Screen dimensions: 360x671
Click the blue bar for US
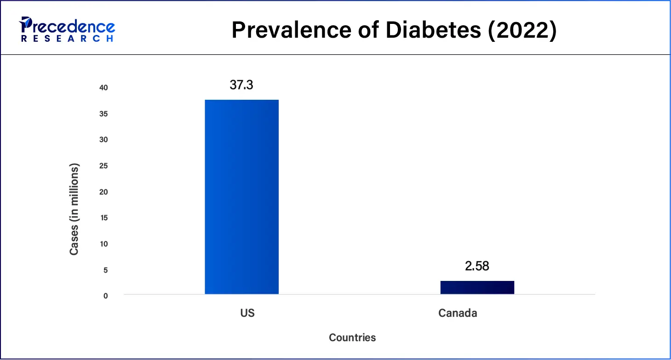click(241, 197)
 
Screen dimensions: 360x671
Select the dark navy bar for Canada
click(477, 287)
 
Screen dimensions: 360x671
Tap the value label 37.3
click(241, 85)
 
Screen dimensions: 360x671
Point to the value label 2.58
click(477, 266)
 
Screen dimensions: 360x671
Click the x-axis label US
click(247, 314)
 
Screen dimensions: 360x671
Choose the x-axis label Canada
click(458, 314)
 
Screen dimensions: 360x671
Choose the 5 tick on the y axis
click(105, 270)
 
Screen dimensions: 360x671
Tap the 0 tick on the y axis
click(105, 296)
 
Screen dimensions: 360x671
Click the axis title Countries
click(352, 338)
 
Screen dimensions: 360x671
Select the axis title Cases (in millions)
click(74, 209)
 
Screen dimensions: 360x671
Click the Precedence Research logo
click(67, 30)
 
